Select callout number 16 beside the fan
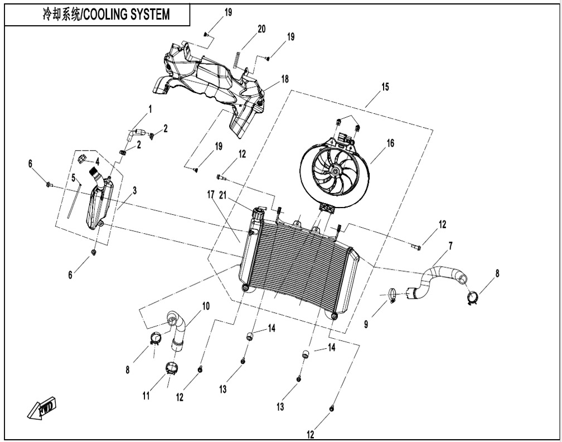point(390,143)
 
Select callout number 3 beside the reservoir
point(134,190)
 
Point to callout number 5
point(72,177)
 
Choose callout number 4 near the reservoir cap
point(97,161)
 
